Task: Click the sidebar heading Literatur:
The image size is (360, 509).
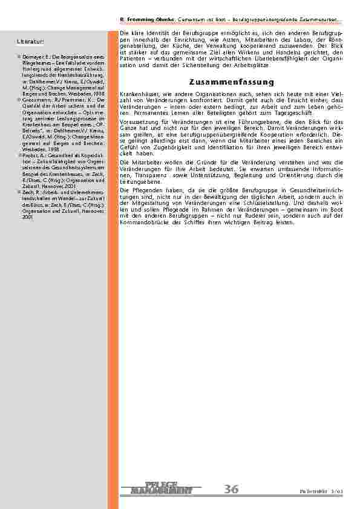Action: point(31,41)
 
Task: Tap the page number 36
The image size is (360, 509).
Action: point(231,490)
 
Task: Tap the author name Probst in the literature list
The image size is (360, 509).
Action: point(30,155)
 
